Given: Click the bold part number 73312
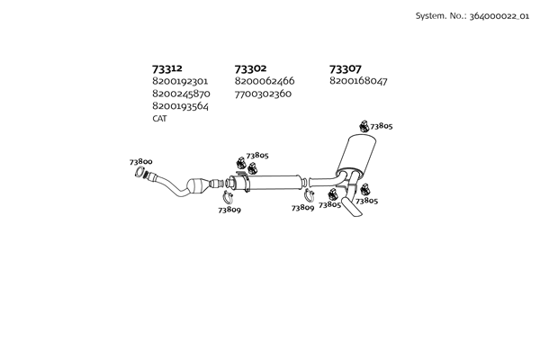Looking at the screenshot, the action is pyautogui.click(x=167, y=68).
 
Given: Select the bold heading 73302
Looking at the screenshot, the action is pyautogui.click(x=250, y=68).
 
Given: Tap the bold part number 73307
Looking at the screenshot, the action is pyautogui.click(x=346, y=69).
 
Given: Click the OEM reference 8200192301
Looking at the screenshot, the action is pyautogui.click(x=180, y=81).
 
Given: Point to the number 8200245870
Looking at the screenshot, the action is pyautogui.click(x=181, y=94).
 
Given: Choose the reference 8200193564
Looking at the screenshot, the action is pyautogui.click(x=181, y=106).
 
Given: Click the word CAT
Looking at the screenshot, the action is pyautogui.click(x=159, y=119).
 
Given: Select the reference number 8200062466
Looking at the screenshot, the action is pyautogui.click(x=265, y=81).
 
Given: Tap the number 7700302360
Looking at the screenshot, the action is pyautogui.click(x=263, y=94).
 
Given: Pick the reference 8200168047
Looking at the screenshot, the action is pyautogui.click(x=358, y=81).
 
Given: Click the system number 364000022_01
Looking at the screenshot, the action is pyautogui.click(x=499, y=16).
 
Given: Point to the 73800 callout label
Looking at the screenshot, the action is pyautogui.click(x=141, y=162).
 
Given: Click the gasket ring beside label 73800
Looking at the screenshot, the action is pyautogui.click(x=139, y=172).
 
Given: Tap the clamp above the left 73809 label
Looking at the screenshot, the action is pyautogui.click(x=228, y=197).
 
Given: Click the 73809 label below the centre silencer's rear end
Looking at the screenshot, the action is pyautogui.click(x=302, y=208).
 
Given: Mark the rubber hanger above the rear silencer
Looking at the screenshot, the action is pyautogui.click(x=364, y=126).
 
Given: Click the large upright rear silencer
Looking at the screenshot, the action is pyautogui.click(x=356, y=155).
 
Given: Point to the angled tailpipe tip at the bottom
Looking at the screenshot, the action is pyautogui.click(x=352, y=207).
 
